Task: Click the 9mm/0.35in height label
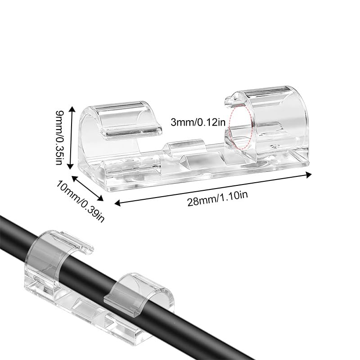[x=59, y=137]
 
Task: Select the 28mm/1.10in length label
[x=218, y=198]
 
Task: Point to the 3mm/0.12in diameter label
[x=198, y=122]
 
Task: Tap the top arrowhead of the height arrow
[x=72, y=109]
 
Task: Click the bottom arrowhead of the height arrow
[x=71, y=166]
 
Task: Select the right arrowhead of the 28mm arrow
[x=308, y=175]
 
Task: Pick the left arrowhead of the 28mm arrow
[x=118, y=203]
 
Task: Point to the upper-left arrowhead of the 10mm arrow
[x=75, y=179]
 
